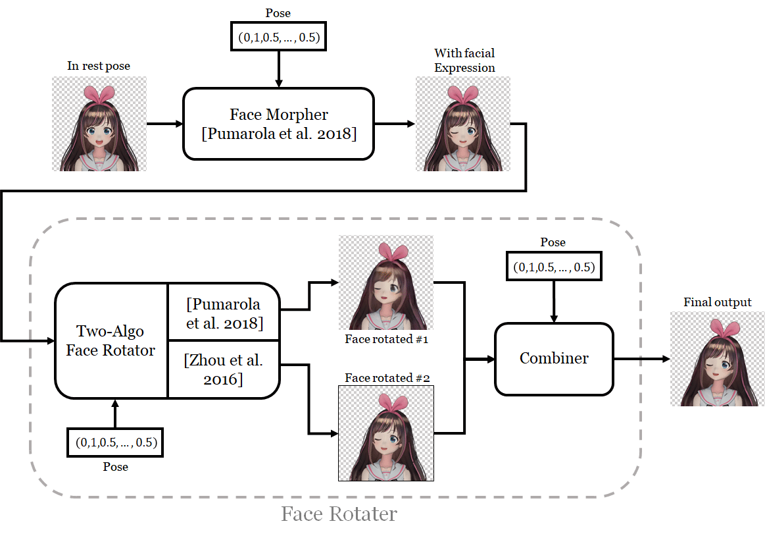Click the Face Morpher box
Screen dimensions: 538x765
click(x=278, y=124)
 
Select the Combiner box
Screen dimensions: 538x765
click(x=554, y=358)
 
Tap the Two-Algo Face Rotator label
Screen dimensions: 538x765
click(x=111, y=340)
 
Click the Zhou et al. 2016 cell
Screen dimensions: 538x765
click(x=224, y=369)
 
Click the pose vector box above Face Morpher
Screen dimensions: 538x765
click(x=278, y=38)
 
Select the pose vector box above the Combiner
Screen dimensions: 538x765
click(x=553, y=268)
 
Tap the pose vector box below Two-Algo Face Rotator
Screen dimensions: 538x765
click(x=115, y=443)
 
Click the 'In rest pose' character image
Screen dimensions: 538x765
click(x=99, y=124)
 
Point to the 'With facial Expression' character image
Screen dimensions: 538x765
click(x=462, y=124)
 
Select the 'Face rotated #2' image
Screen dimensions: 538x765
click(x=385, y=433)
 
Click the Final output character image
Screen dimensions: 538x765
click(x=717, y=359)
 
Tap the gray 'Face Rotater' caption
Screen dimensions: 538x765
click(x=339, y=514)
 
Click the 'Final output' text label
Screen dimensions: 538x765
click(x=717, y=302)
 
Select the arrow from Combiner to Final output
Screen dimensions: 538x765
click(x=641, y=359)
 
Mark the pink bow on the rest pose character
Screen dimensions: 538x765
click(x=99, y=94)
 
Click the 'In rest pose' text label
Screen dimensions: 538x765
click(x=99, y=66)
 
